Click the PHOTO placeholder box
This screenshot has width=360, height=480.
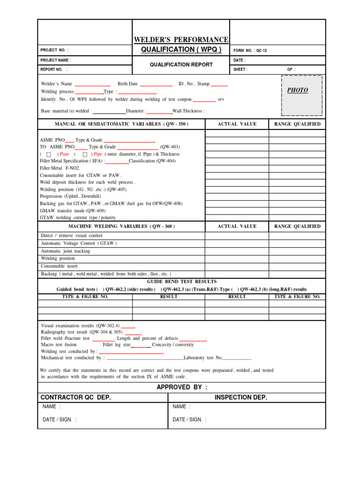pyautogui.click(x=301, y=95)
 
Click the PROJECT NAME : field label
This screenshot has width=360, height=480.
pyautogui.click(x=56, y=60)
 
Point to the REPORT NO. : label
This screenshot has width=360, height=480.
pyautogui.click(x=54, y=69)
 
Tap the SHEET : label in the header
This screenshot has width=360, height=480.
pyautogui.click(x=240, y=69)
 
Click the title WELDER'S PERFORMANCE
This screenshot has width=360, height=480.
pyautogui.click(x=181, y=40)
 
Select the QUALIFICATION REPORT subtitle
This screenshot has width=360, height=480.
pyautogui.click(x=181, y=65)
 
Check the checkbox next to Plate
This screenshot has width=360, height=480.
pyautogui.click(x=49, y=154)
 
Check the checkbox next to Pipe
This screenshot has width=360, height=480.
pyautogui.click(x=85, y=154)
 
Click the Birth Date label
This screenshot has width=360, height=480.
pyautogui.click(x=127, y=84)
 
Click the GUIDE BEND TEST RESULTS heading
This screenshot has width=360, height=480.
pyautogui.click(x=181, y=282)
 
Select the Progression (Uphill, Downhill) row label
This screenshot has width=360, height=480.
pyautogui.click(x=70, y=196)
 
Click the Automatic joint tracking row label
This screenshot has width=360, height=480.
pyautogui.click(x=66, y=251)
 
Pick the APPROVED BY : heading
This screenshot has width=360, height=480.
pyautogui.click(x=181, y=387)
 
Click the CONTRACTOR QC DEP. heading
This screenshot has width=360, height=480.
pyautogui.click(x=76, y=397)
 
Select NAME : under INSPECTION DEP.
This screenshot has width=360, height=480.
pyautogui.click(x=181, y=407)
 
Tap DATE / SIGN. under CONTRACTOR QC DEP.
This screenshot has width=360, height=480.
pyautogui.click(x=60, y=420)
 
